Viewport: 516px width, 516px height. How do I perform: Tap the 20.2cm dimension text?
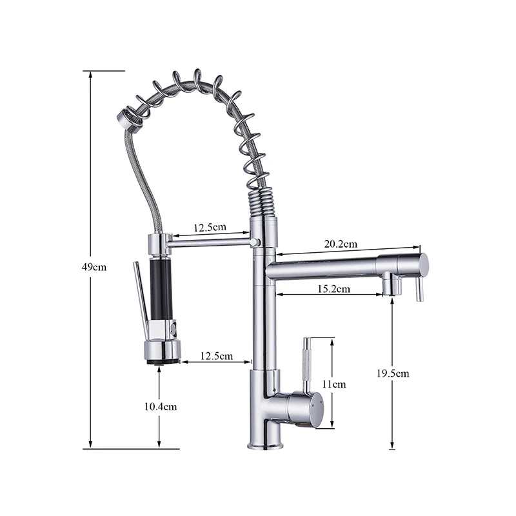pos(340,244)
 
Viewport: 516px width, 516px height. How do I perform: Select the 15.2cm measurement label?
pos(333,289)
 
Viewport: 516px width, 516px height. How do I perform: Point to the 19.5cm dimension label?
pos(393,373)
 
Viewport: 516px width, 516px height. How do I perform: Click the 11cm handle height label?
pos(333,384)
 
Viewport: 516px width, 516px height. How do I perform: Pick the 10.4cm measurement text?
pos(160,406)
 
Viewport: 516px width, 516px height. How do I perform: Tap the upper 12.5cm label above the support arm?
pos(209,228)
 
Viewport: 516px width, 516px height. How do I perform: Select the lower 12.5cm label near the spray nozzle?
pos(217,355)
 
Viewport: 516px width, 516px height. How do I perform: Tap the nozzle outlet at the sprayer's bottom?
pos(163,361)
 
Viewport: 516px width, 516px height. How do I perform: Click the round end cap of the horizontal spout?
pos(423,264)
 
